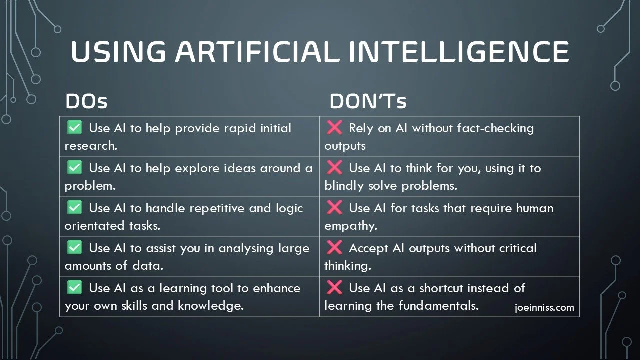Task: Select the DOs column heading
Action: [x=86, y=102]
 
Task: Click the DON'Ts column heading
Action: [x=368, y=102]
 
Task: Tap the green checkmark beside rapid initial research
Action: [x=74, y=128]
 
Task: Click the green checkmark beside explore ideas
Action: [x=74, y=168]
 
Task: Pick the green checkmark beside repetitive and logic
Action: [x=74, y=208]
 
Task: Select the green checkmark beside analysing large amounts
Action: [x=74, y=248]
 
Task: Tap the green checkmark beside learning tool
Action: [x=74, y=288]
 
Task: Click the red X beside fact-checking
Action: [x=334, y=128]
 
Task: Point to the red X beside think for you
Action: [x=334, y=168]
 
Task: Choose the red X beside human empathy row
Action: [x=334, y=208]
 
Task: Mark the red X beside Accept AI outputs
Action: [x=334, y=248]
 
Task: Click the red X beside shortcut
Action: [x=334, y=288]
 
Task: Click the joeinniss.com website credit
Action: [x=544, y=308]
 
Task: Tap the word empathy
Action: [x=350, y=226]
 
